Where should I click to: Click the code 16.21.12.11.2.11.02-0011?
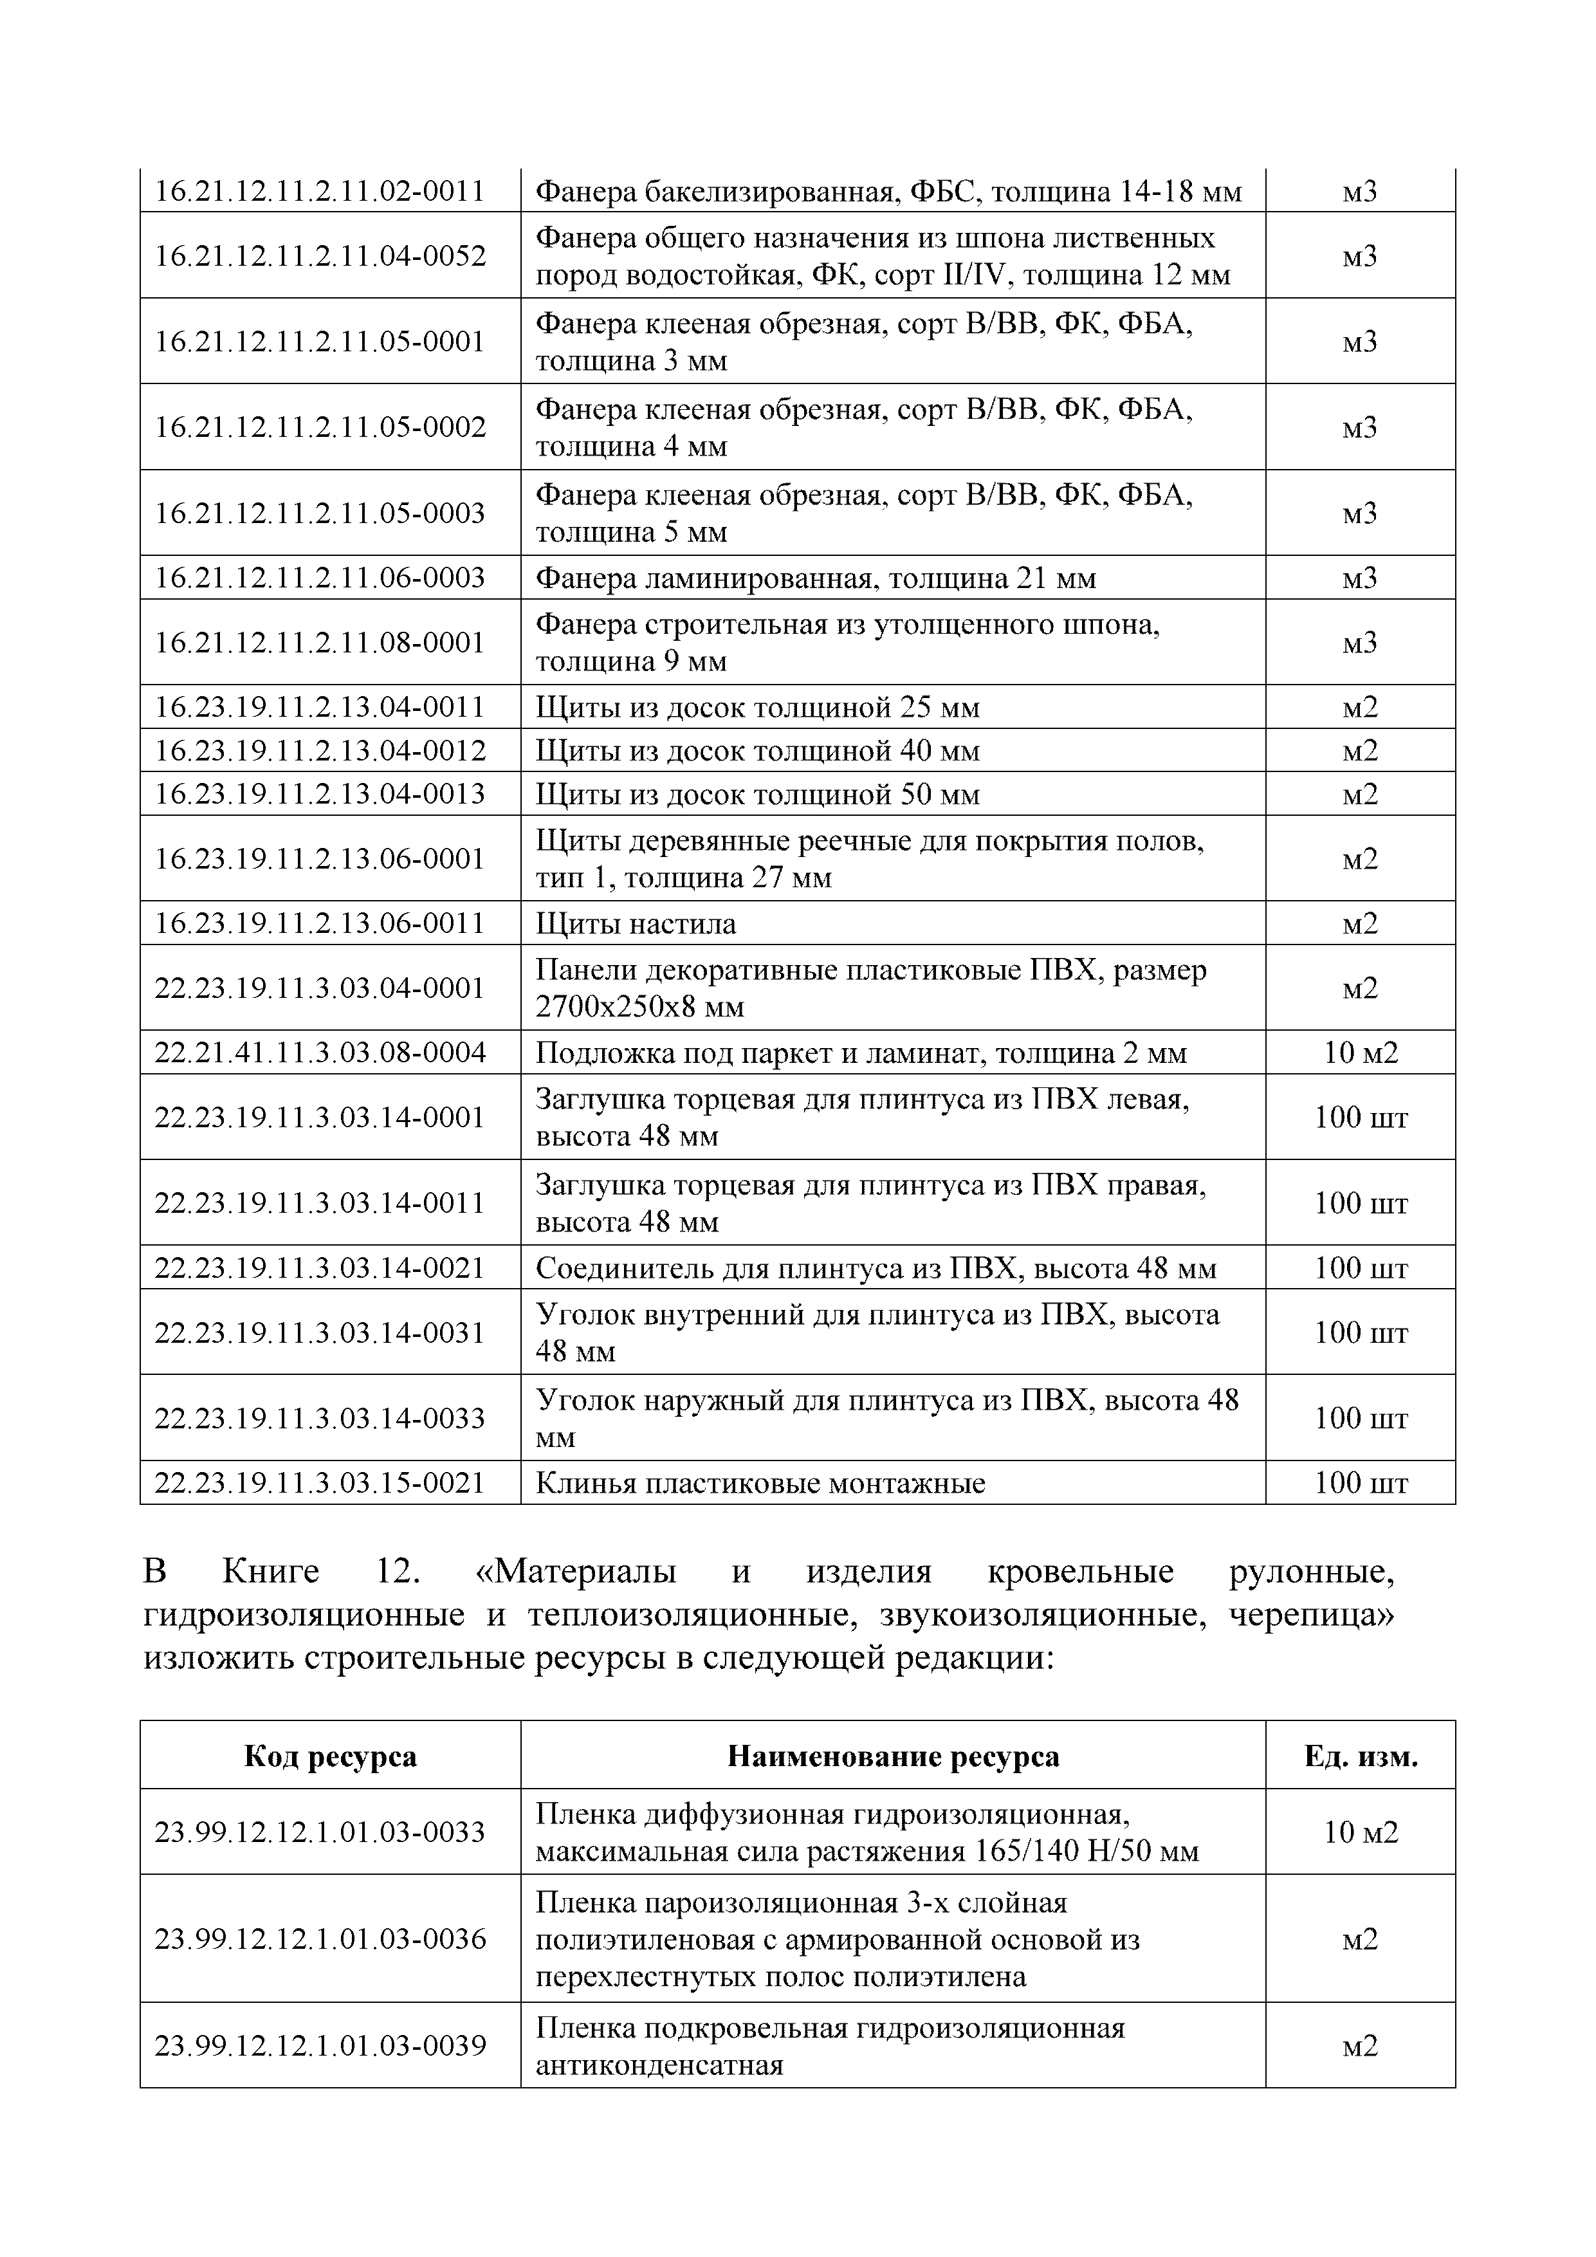320,190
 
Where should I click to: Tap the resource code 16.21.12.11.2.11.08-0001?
320,643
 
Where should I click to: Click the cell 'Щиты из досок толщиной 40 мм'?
758,751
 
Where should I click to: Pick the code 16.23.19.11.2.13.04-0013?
320,795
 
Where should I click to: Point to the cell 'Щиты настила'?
636,924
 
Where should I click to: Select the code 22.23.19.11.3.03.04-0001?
320,988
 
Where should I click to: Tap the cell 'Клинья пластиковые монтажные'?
760,1484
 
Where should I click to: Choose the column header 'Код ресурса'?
330,1756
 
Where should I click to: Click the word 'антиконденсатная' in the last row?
659,2065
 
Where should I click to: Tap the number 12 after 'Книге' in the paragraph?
398,1572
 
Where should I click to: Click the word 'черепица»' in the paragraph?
1311,1615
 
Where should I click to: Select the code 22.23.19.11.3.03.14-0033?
320,1419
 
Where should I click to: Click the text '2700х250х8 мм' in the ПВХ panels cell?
640,1007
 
